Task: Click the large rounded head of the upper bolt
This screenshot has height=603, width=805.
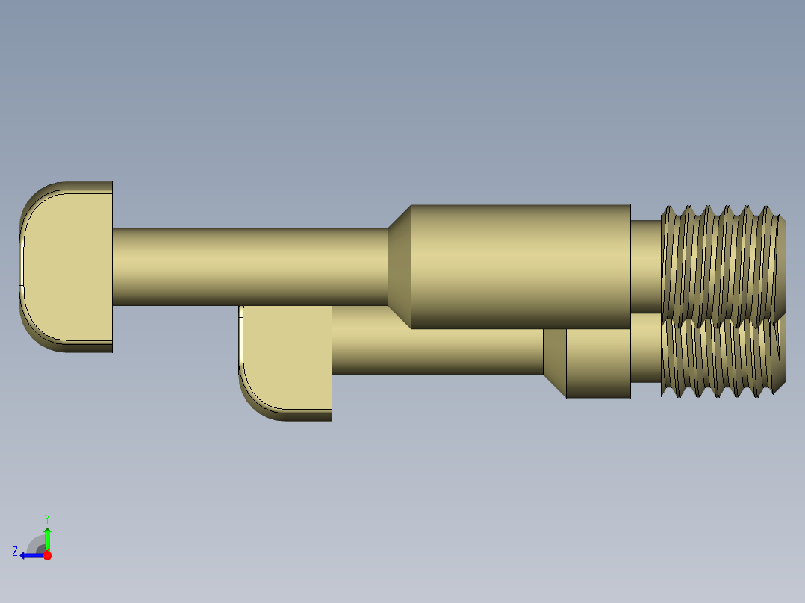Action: coord(67,266)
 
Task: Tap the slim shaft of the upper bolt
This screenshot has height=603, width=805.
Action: coord(250,266)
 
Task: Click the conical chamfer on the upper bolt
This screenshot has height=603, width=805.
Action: coord(400,266)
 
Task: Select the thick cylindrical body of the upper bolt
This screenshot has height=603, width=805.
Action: coord(520,266)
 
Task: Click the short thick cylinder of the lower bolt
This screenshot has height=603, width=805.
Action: coord(598,363)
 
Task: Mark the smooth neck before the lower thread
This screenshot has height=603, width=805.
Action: coord(646,356)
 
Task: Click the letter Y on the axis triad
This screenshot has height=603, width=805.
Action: coord(47,518)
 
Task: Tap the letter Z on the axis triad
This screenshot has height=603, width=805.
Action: coord(15,552)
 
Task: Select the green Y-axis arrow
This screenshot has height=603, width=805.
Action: coord(47,537)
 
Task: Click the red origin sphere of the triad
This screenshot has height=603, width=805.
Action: coord(47,555)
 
